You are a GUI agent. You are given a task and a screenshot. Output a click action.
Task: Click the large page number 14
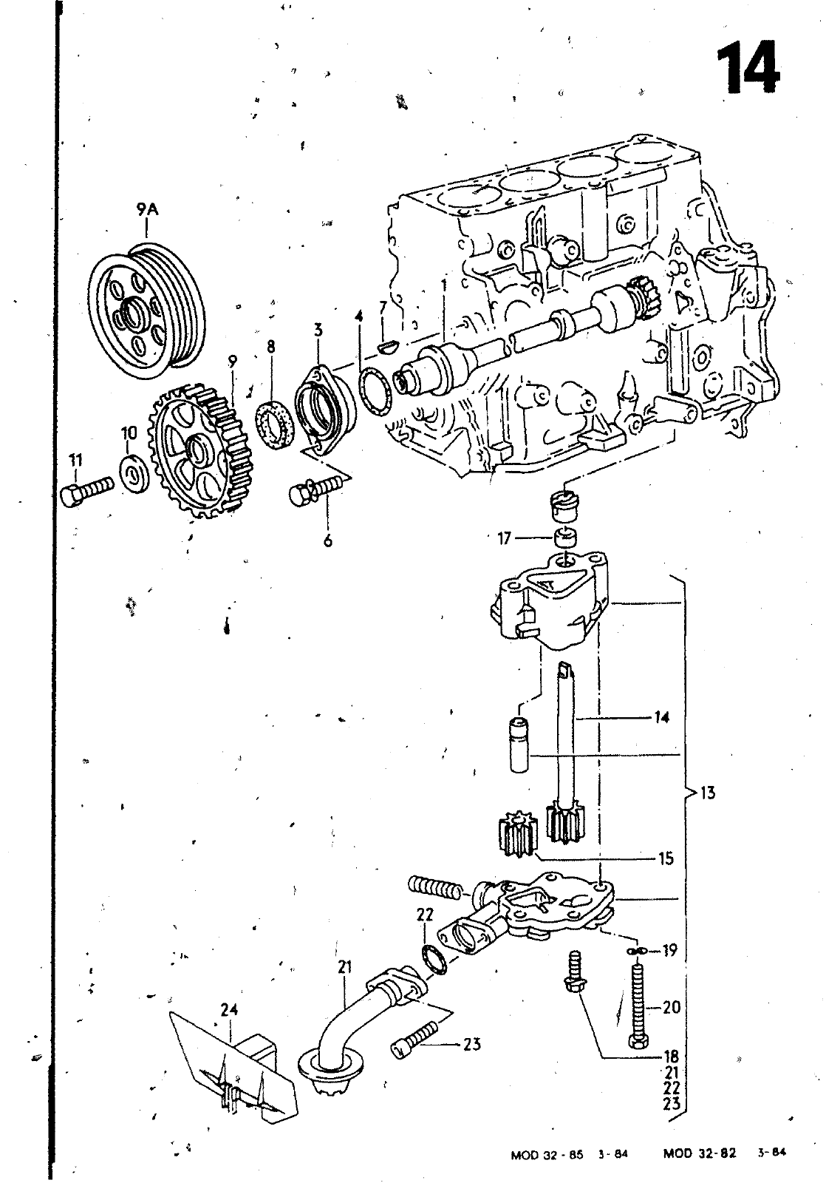(747, 67)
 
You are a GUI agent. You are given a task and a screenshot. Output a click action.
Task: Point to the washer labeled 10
(134, 474)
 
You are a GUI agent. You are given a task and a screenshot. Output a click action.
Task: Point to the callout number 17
(504, 538)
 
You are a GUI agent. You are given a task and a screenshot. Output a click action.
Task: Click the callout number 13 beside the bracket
(707, 793)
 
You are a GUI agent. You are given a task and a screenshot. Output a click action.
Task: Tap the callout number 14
(661, 716)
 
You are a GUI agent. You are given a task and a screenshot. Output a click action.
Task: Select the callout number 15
(666, 858)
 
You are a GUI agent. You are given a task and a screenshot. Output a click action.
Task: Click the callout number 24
(230, 1009)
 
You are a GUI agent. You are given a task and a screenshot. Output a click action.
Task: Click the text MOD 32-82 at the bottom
(699, 1153)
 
